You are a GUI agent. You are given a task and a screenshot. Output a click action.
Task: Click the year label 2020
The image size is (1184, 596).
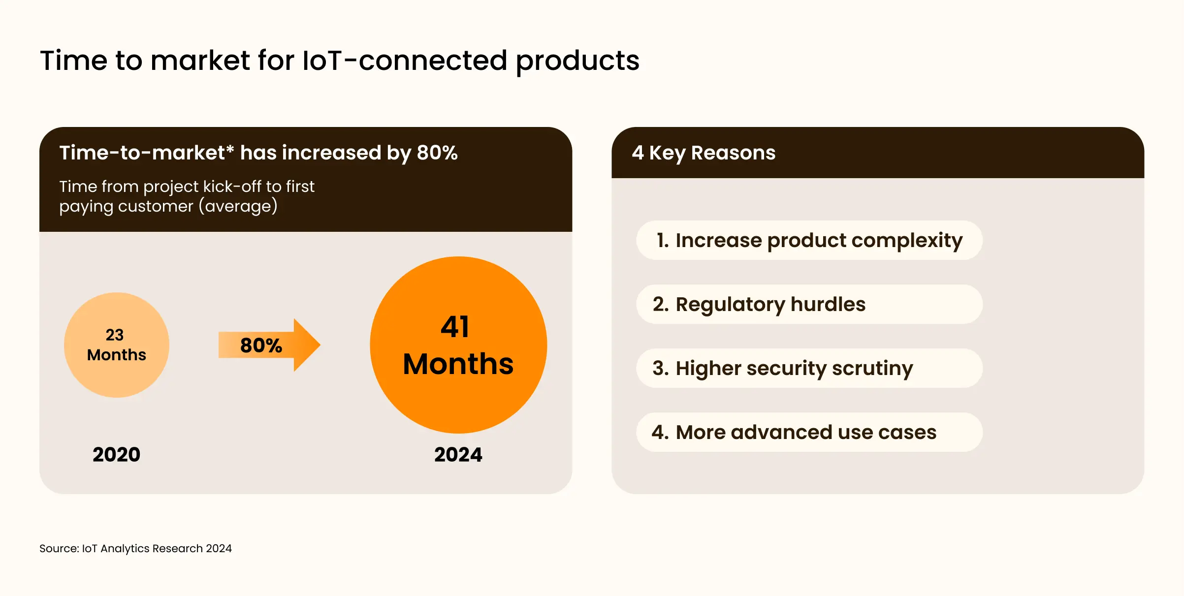click(116, 454)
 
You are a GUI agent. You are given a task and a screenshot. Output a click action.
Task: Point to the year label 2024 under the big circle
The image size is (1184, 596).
click(458, 454)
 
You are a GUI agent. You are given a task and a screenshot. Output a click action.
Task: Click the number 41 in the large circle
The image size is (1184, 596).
click(455, 327)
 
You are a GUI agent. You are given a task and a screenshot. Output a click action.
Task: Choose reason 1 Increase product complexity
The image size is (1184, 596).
click(809, 240)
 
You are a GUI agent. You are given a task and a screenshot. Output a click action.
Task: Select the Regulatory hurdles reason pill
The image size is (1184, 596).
click(809, 304)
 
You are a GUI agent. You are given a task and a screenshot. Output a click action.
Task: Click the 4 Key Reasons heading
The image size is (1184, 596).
click(703, 153)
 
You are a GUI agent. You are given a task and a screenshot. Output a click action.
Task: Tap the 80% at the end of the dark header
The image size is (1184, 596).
click(437, 153)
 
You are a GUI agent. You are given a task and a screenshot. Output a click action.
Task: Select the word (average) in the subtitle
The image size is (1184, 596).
click(238, 206)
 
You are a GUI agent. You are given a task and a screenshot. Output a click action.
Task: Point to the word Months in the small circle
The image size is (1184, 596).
click(117, 355)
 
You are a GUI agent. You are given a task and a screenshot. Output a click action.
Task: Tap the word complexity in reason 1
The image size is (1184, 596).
click(907, 241)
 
